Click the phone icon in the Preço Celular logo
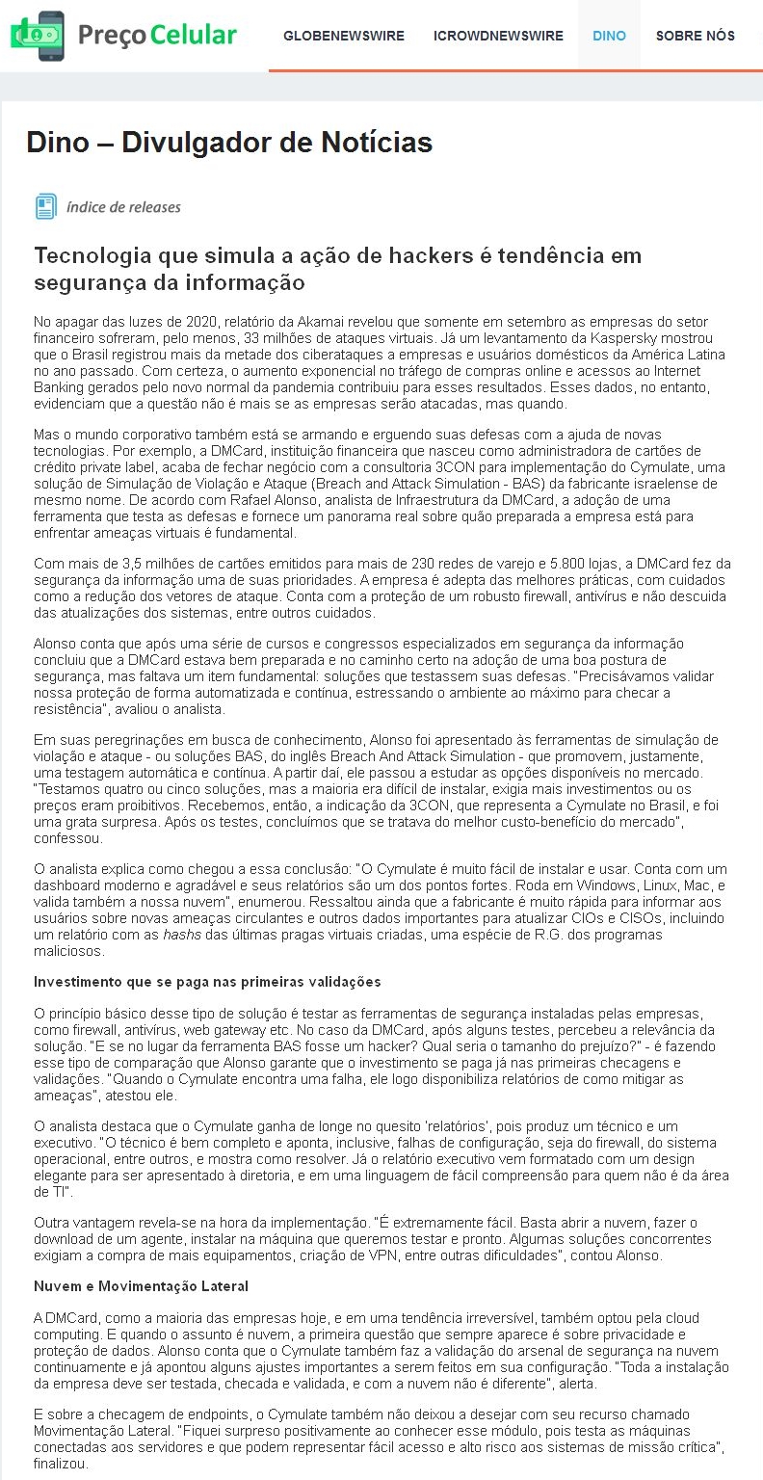pyautogui.click(x=49, y=37)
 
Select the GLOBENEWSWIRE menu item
pyautogui.click(x=344, y=36)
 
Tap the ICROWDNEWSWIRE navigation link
pyautogui.click(x=498, y=36)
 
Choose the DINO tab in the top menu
pyautogui.click(x=609, y=36)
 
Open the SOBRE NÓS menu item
pyautogui.click(x=695, y=36)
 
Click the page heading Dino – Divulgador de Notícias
pyautogui.click(x=229, y=143)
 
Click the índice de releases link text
pyautogui.click(x=123, y=207)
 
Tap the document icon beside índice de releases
pyautogui.click(x=45, y=206)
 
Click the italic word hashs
pyautogui.click(x=181, y=934)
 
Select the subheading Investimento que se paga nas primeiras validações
pyautogui.click(x=207, y=982)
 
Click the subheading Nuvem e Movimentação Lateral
pyautogui.click(x=141, y=1286)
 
